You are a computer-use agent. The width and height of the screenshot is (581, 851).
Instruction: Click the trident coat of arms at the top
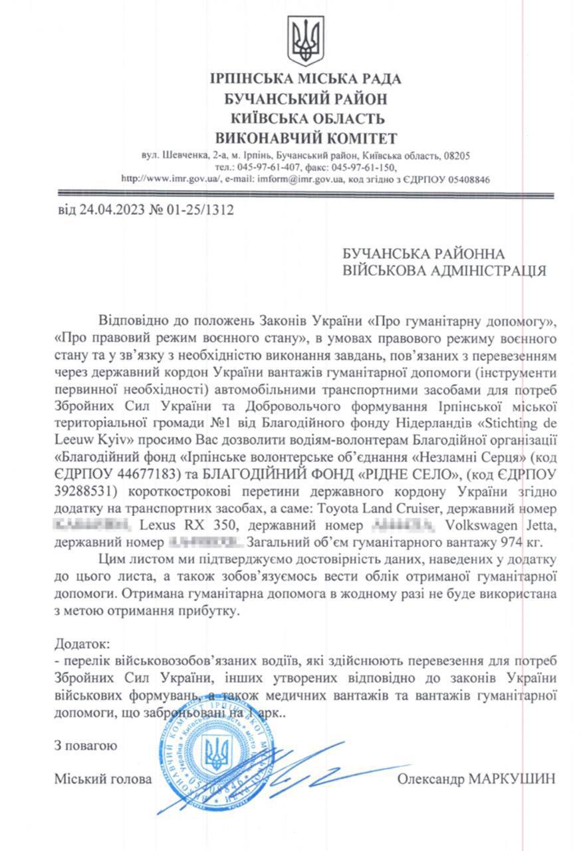[x=305, y=41]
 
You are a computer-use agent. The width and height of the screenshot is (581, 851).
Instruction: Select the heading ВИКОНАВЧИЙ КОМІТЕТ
[x=305, y=138]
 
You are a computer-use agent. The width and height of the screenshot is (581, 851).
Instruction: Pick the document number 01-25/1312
[x=200, y=211]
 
